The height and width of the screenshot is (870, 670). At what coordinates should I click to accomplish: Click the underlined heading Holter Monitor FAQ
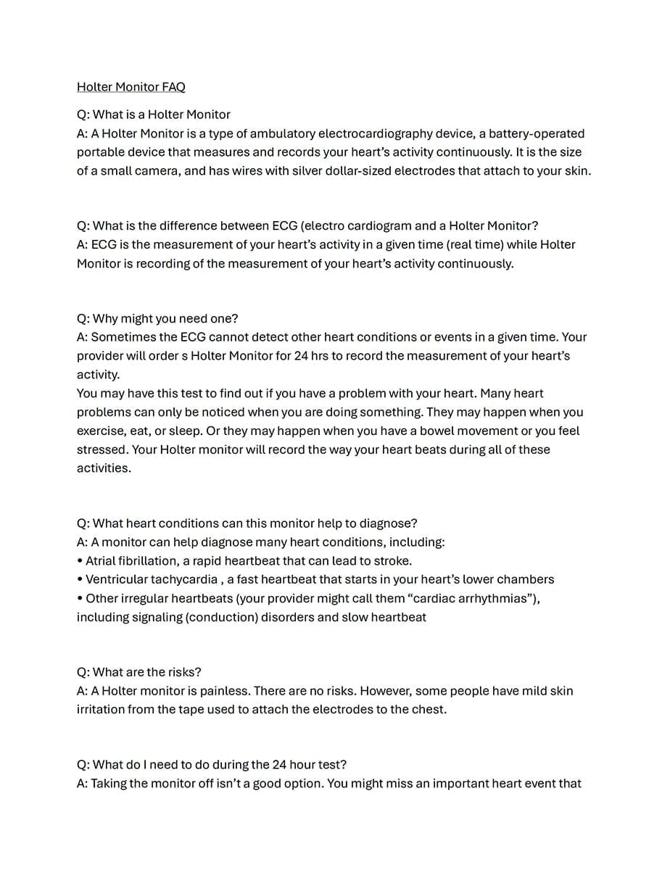[x=131, y=87]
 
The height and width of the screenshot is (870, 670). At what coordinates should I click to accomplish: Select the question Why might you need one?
[x=157, y=318]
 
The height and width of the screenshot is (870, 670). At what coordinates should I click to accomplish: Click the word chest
[x=429, y=710]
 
